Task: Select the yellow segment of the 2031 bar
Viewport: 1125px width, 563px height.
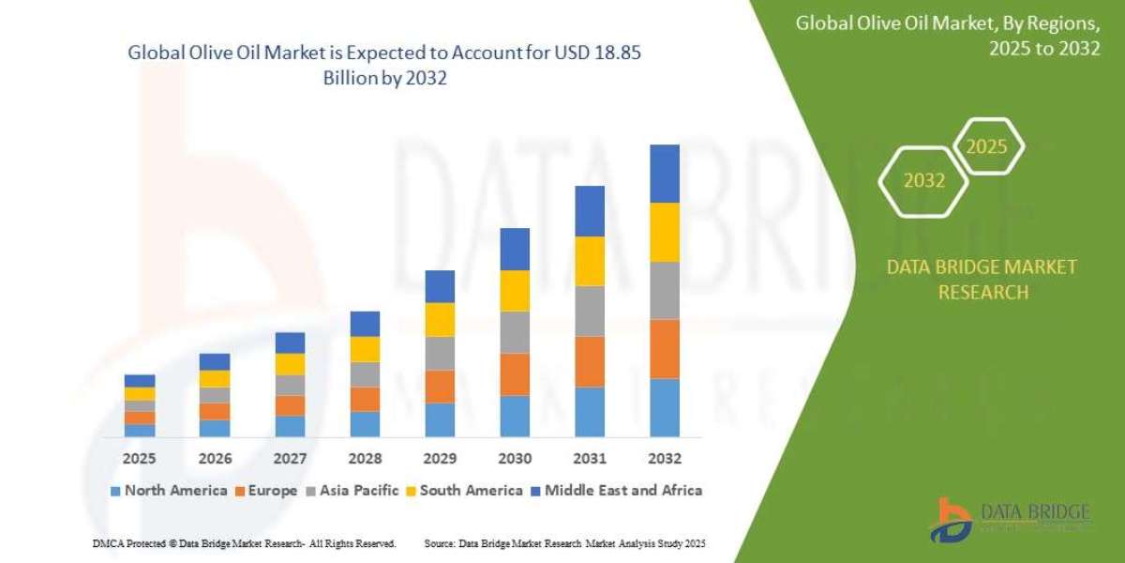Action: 589,261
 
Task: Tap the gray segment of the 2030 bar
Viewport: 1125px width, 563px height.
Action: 514,332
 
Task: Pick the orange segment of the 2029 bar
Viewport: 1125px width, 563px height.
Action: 440,387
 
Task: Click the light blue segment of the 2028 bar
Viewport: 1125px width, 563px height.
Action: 365,424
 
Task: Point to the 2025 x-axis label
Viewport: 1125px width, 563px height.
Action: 140,459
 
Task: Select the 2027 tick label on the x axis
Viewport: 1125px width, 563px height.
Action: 290,459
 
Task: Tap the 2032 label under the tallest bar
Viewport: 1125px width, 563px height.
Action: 664,459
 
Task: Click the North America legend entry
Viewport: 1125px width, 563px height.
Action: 169,490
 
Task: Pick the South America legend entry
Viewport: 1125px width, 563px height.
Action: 463,490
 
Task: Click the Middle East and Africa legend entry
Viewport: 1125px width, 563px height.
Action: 616,490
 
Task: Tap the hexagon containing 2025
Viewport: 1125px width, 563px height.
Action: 986,147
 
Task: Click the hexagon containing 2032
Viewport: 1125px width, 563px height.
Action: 924,181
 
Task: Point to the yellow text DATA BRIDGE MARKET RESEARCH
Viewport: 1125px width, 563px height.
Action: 982,280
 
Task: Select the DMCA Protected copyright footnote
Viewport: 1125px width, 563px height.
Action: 244,543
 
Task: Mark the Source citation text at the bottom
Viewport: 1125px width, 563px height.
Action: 564,543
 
